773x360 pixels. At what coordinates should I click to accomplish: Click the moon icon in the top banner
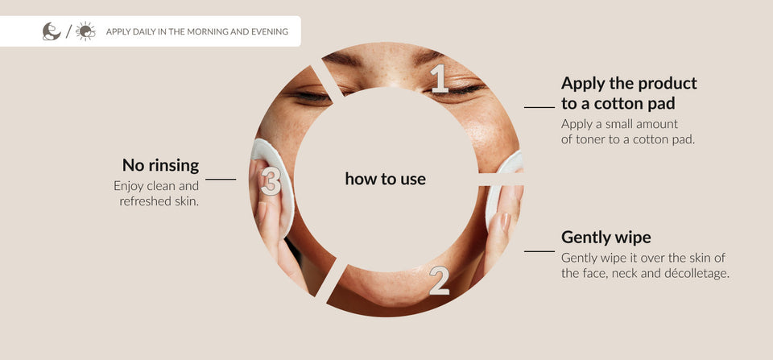52,31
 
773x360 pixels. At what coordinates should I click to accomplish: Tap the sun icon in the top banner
86,31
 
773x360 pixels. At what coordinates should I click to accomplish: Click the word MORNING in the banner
203,32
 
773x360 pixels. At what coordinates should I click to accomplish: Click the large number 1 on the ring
440,78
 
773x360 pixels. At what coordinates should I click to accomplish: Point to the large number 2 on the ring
440,280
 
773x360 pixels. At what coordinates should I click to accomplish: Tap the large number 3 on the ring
271,181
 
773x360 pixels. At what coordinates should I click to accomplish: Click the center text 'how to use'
386,179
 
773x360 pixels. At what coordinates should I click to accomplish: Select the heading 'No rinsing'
161,165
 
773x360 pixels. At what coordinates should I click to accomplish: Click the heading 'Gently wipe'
606,238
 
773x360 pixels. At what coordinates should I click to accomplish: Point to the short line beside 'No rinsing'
221,180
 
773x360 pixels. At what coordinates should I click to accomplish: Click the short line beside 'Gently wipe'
539,251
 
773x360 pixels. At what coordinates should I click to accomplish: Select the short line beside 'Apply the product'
539,107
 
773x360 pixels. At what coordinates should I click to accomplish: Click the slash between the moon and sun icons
68,31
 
